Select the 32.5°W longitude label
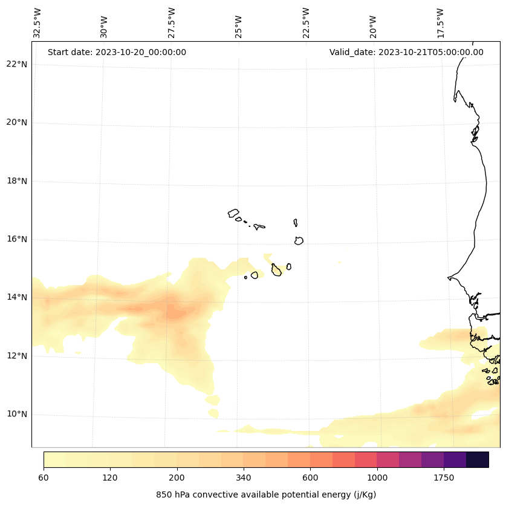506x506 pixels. (37, 23)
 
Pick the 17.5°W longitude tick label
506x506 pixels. (441, 23)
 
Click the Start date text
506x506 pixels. (117, 52)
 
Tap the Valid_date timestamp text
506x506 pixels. (406, 52)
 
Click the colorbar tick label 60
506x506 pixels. (44, 478)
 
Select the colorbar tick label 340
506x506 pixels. (244, 478)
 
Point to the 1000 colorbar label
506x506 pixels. (377, 478)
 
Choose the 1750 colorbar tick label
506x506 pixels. (444, 478)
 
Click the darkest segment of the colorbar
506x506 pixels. (478, 459)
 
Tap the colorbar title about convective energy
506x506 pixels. (266, 494)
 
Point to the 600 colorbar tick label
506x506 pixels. (310, 478)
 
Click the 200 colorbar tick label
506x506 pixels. (177, 478)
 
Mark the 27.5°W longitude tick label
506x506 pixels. (172, 23)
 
